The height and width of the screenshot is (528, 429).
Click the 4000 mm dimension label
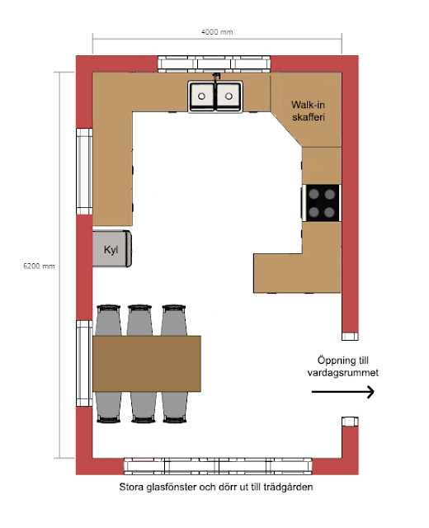(217, 32)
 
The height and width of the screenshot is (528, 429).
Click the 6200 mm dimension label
(39, 266)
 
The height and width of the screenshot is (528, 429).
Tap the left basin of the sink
(201, 96)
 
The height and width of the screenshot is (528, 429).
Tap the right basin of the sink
(229, 96)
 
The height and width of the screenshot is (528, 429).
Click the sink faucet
(216, 77)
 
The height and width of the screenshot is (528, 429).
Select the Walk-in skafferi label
(308, 111)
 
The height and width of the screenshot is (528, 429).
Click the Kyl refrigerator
(112, 249)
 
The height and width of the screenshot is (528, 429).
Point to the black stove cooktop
(322, 203)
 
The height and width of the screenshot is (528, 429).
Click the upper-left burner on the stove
(313, 194)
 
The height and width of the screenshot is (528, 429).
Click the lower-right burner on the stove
(330, 212)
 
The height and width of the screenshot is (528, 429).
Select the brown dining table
(147, 364)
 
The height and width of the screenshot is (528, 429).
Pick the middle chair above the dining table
(139, 320)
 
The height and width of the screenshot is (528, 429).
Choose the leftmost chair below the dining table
(108, 407)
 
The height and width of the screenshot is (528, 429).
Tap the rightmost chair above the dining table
(174, 320)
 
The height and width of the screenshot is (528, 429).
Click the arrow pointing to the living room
(343, 392)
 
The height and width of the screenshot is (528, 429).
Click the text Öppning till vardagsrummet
(343, 366)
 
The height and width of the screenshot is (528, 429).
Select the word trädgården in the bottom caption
(288, 487)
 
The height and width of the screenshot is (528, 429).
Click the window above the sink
(214, 64)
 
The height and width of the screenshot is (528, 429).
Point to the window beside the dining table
(84, 363)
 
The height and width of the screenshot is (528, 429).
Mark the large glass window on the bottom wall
(218, 466)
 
